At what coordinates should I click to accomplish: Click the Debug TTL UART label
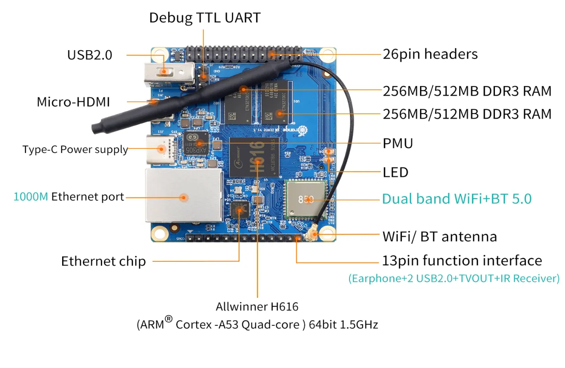pos(205,18)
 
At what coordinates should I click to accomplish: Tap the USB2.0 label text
pos(89,55)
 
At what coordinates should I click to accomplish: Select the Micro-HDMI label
pos(73,102)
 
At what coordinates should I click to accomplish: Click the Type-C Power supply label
pos(75,149)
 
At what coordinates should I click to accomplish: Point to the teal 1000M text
pos(30,197)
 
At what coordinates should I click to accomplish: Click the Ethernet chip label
pos(103,261)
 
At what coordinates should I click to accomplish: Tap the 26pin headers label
pos(430,54)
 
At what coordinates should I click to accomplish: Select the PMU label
pos(398,144)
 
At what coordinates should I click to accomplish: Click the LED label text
pos(395,172)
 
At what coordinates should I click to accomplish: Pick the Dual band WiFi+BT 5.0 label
pos(457,199)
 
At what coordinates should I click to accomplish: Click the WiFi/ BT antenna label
pos(439,237)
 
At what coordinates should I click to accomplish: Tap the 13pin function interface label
pos(462,260)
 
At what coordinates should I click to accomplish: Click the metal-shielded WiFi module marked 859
pos(306,200)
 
